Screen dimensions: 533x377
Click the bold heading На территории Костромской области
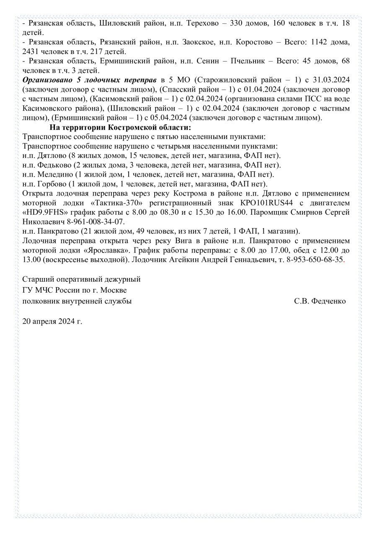(x=120, y=127)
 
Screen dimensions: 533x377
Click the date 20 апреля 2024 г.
(x=52, y=322)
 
